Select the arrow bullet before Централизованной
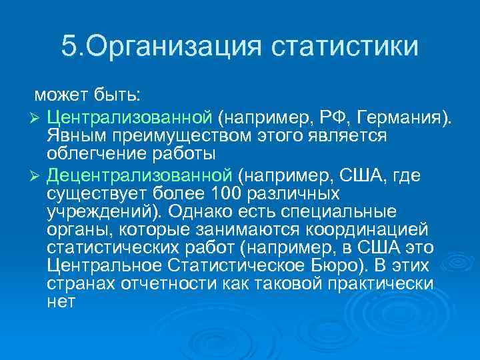pos(37,119)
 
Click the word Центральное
pos(105,265)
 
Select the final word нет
pos(61,301)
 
